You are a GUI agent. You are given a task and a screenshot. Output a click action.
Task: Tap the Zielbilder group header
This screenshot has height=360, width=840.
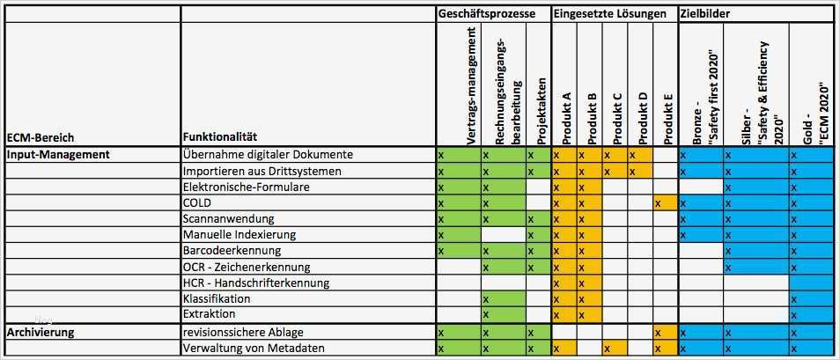click(x=705, y=14)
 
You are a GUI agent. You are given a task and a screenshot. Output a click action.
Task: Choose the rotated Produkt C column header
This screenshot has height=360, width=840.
click(x=616, y=119)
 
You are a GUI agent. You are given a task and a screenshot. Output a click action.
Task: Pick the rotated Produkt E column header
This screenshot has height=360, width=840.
click(x=667, y=119)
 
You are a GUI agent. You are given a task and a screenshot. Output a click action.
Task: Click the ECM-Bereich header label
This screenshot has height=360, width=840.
click(x=41, y=137)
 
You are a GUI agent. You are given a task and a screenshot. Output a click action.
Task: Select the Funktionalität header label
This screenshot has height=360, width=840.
click(x=220, y=137)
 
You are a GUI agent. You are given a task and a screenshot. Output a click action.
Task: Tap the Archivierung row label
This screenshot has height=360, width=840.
click(x=41, y=333)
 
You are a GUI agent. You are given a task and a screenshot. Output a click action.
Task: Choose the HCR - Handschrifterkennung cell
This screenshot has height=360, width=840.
click(x=256, y=283)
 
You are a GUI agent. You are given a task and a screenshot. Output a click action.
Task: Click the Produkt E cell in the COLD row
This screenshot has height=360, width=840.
click(x=665, y=202)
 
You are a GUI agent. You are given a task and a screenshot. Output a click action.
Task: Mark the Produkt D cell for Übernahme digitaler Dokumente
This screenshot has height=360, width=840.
click(x=639, y=155)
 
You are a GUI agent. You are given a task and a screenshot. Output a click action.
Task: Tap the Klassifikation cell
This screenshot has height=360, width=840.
click(x=217, y=299)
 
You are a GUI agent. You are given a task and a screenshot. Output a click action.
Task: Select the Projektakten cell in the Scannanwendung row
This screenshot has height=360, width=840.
click(x=537, y=218)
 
